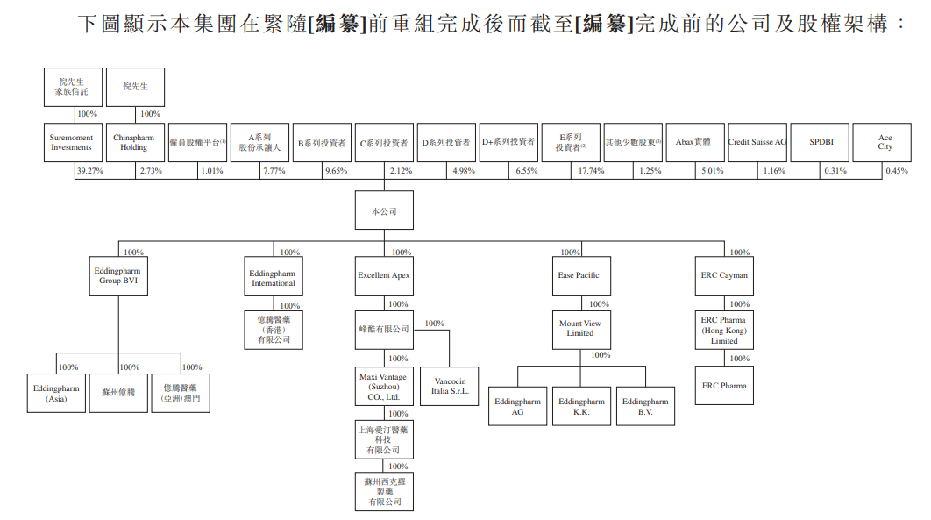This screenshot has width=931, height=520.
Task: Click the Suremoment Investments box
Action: point(71,142)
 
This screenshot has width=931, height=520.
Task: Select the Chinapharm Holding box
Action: point(133,142)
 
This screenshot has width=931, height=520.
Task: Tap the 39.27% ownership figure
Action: point(89,171)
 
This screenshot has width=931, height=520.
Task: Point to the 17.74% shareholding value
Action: point(591,171)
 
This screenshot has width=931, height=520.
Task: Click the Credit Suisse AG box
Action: point(757,142)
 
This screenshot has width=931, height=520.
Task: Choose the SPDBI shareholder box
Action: point(821,142)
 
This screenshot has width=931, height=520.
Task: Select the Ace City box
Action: point(885,142)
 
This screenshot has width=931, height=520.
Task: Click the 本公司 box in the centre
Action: point(384,211)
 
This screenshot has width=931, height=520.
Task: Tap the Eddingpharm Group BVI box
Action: point(117,276)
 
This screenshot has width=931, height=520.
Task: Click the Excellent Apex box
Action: point(384,275)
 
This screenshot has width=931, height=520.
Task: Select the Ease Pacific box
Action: point(579,275)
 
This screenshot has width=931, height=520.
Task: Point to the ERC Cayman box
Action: point(724,275)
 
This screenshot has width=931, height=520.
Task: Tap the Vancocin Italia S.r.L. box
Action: point(450,386)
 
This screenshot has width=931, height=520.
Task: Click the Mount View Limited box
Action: point(579,328)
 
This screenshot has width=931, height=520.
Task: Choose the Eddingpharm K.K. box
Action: point(581,406)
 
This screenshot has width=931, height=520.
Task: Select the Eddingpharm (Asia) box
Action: point(56,393)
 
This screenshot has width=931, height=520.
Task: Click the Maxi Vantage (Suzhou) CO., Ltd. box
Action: point(384,387)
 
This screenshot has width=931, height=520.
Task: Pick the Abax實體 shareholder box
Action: point(693,142)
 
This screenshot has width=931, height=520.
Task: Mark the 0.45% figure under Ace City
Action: point(896,171)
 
